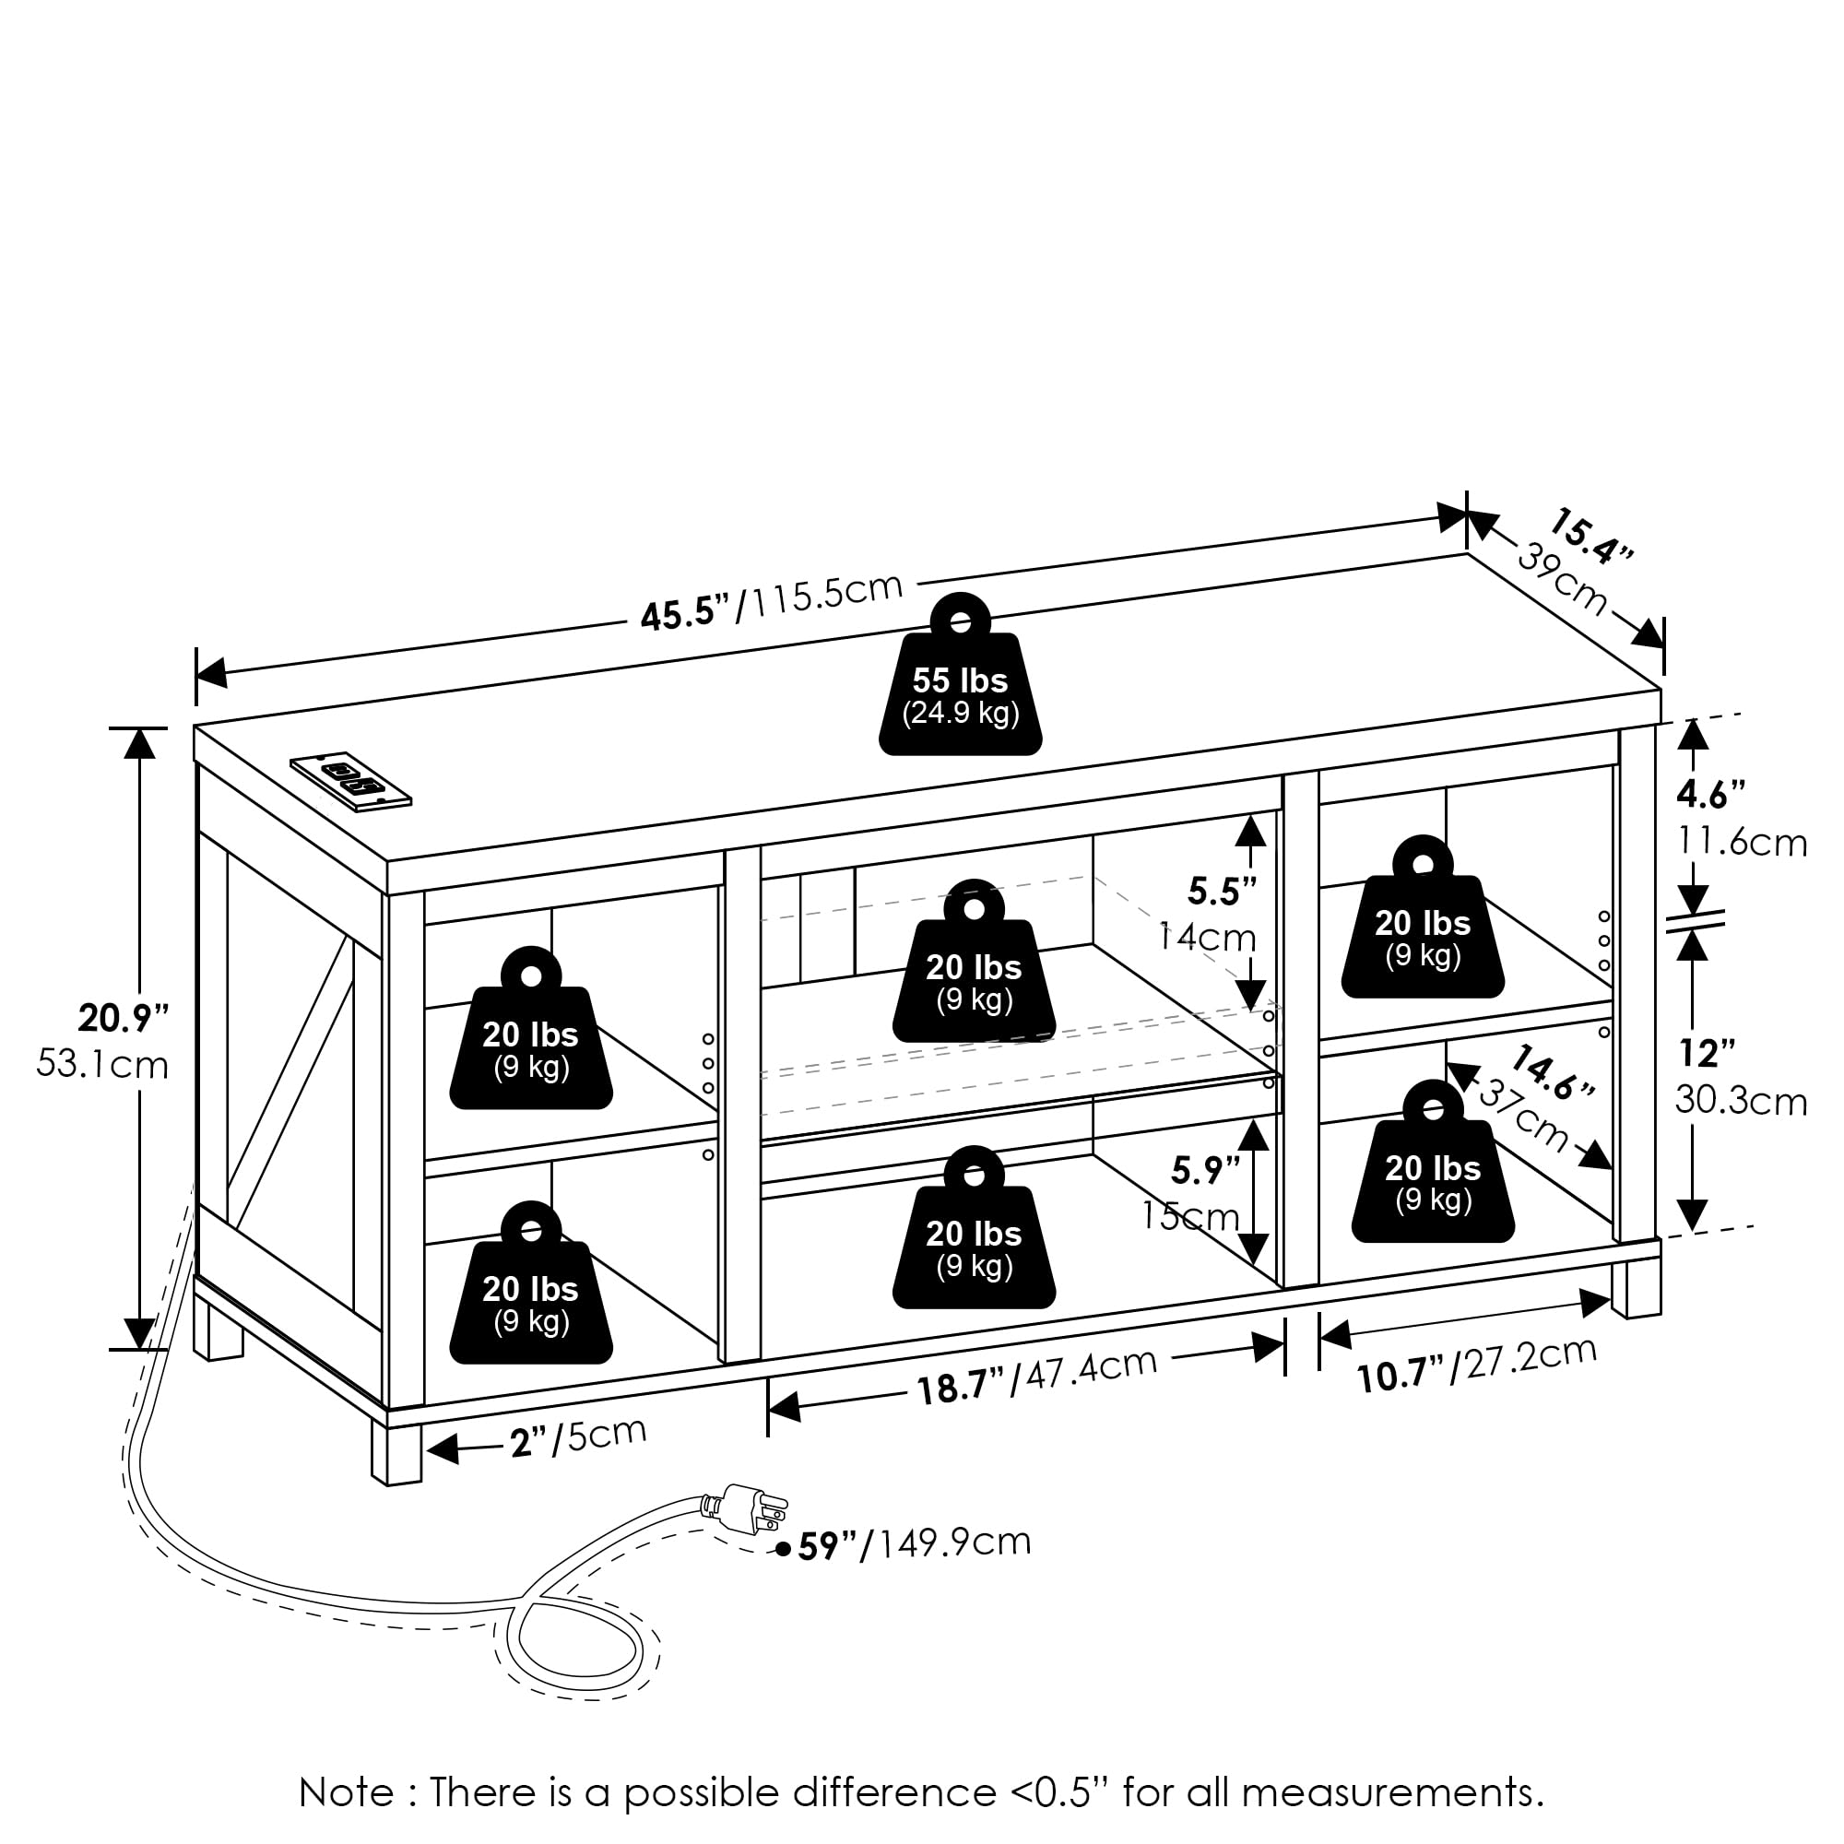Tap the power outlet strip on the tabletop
[350, 780]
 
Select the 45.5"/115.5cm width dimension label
[771, 599]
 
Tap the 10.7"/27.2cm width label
[1475, 1363]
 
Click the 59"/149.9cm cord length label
[914, 1544]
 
